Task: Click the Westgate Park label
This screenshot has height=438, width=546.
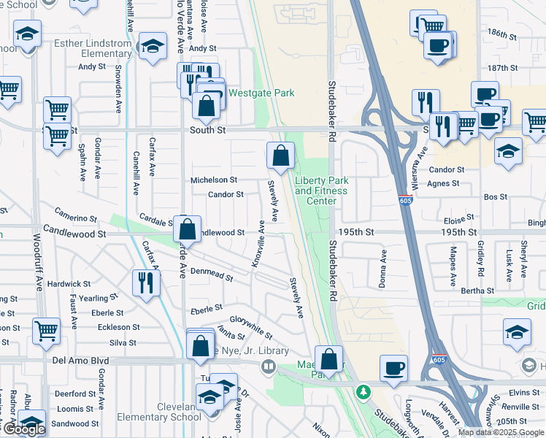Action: pos(261,93)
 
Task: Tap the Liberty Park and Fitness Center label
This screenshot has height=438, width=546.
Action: pos(321,191)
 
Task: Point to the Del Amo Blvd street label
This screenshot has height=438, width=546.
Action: pos(80,361)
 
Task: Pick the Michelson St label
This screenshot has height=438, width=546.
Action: pos(214,180)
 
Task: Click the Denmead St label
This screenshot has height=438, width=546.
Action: pos(211,274)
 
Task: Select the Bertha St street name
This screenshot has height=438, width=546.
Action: pos(478,291)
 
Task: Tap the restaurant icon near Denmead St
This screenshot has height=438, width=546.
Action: pos(146,282)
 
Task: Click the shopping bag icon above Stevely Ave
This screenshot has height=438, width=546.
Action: pos(280,155)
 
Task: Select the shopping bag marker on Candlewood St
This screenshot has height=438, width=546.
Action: pos(188,228)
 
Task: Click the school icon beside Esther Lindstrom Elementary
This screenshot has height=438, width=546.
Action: pos(153,46)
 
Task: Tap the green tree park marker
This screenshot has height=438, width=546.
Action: pos(363,391)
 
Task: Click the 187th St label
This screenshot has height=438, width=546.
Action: pos(502,68)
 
